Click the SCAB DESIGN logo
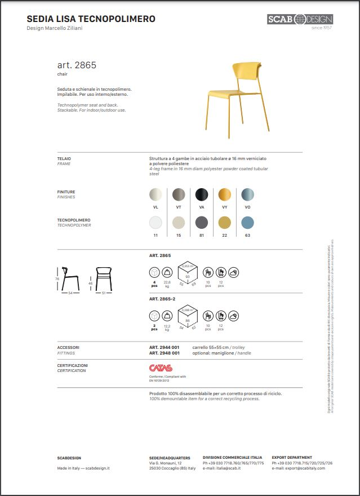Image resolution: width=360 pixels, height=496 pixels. pyautogui.click(x=300, y=20)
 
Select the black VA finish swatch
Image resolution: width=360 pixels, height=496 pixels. pyautogui.click(x=201, y=195)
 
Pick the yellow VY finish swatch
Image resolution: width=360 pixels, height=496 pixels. pyautogui.click(x=225, y=195)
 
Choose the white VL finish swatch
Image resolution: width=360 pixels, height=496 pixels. pyautogui.click(x=155, y=195)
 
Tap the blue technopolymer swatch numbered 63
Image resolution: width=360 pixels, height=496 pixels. pyautogui.click(x=247, y=223)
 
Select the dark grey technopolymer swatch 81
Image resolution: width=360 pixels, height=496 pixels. pyautogui.click(x=201, y=223)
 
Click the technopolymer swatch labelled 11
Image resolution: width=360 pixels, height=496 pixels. pyautogui.click(x=155, y=223)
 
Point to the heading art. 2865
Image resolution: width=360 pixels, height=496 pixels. pyautogui.click(x=77, y=65)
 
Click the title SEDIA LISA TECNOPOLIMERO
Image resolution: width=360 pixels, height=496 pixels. pyautogui.click(x=91, y=19)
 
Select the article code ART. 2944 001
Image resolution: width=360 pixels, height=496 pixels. pyautogui.click(x=165, y=347)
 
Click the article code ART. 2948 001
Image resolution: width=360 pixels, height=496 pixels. pyautogui.click(x=165, y=353)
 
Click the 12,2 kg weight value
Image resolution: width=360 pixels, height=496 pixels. pyautogui.click(x=167, y=327)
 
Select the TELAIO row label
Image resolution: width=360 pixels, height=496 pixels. pyautogui.click(x=64, y=159)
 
